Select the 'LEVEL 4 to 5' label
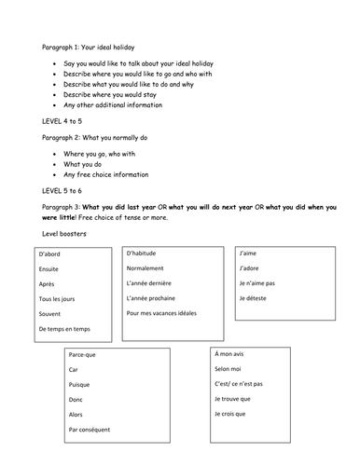(65, 120)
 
